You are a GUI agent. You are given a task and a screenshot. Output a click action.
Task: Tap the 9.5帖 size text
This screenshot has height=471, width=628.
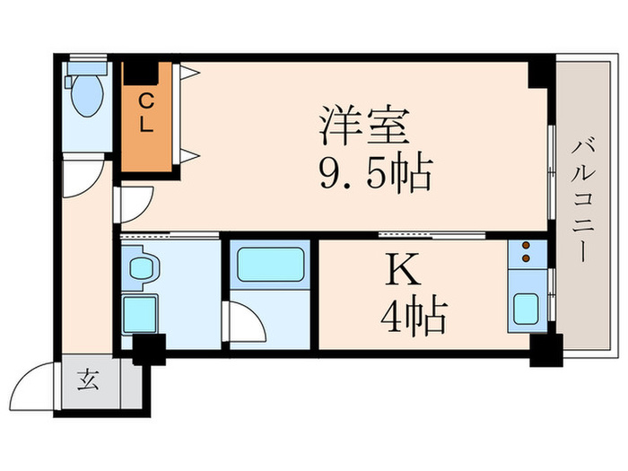(x=376, y=173)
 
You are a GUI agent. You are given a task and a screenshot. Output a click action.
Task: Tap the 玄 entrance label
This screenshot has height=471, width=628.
(x=87, y=380)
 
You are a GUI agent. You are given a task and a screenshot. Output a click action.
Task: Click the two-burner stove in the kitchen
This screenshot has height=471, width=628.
(x=525, y=255)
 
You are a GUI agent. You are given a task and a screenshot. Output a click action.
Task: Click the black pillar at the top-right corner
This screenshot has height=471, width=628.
(x=541, y=72)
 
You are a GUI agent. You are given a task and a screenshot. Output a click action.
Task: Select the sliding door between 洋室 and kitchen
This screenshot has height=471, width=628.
(x=431, y=234)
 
